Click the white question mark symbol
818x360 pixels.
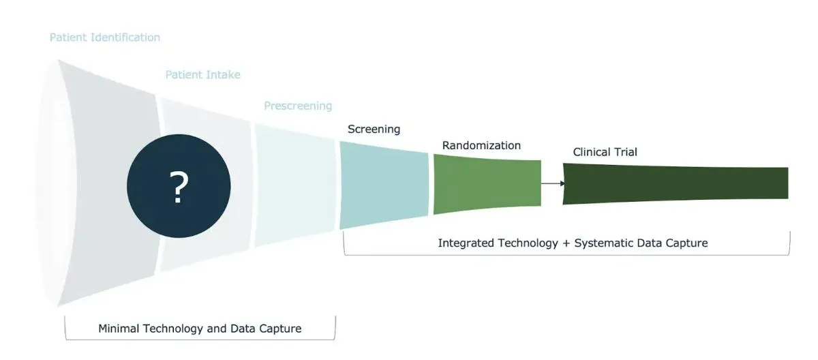[x=178, y=187]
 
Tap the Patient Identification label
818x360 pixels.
[x=105, y=37]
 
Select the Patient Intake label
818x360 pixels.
[x=202, y=74]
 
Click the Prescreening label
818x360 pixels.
[x=298, y=106]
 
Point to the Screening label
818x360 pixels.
[x=374, y=129]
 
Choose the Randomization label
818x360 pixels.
[x=481, y=145]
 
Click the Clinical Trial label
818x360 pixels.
[x=605, y=152]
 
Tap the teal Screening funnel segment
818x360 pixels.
[x=384, y=185]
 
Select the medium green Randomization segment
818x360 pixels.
[x=487, y=184]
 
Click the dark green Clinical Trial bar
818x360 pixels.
[x=675, y=183]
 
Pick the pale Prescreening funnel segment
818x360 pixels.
[x=294, y=184]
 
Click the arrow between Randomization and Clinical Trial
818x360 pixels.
[x=553, y=183]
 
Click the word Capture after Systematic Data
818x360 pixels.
[x=686, y=243]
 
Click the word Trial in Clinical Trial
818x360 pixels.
[x=625, y=152]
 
